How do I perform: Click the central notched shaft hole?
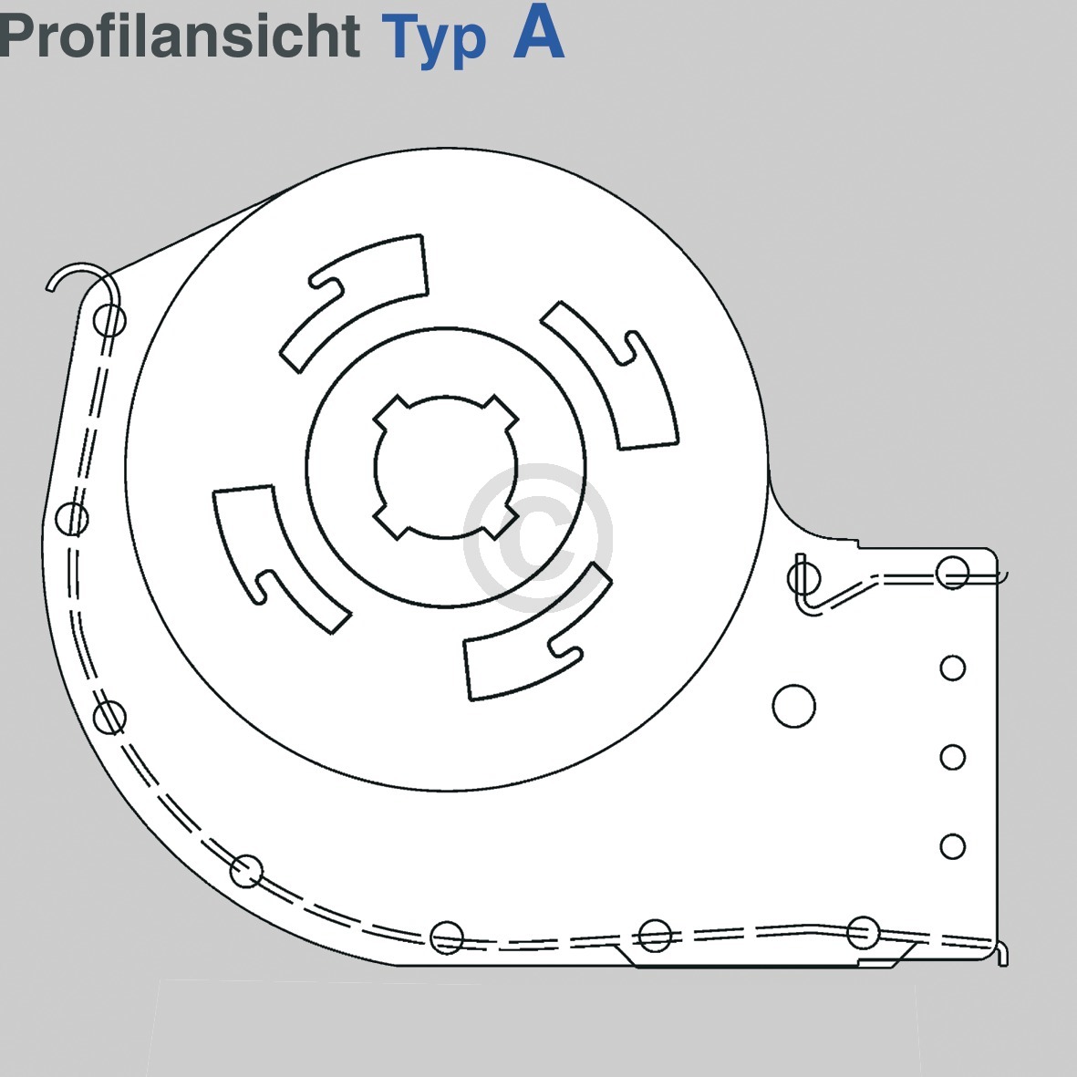coord(446,466)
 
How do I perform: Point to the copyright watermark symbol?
coord(537,537)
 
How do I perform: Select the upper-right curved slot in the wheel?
coord(613,374)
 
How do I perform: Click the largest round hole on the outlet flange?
coord(793,706)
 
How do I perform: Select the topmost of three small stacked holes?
coord(952,668)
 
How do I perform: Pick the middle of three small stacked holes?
coord(952,757)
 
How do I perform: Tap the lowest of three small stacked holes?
coord(952,846)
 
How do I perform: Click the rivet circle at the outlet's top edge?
coord(952,574)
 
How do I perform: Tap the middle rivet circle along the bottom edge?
coord(655,935)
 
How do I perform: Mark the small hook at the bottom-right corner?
coord(1001,953)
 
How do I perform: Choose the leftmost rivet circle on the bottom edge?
coord(446,937)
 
